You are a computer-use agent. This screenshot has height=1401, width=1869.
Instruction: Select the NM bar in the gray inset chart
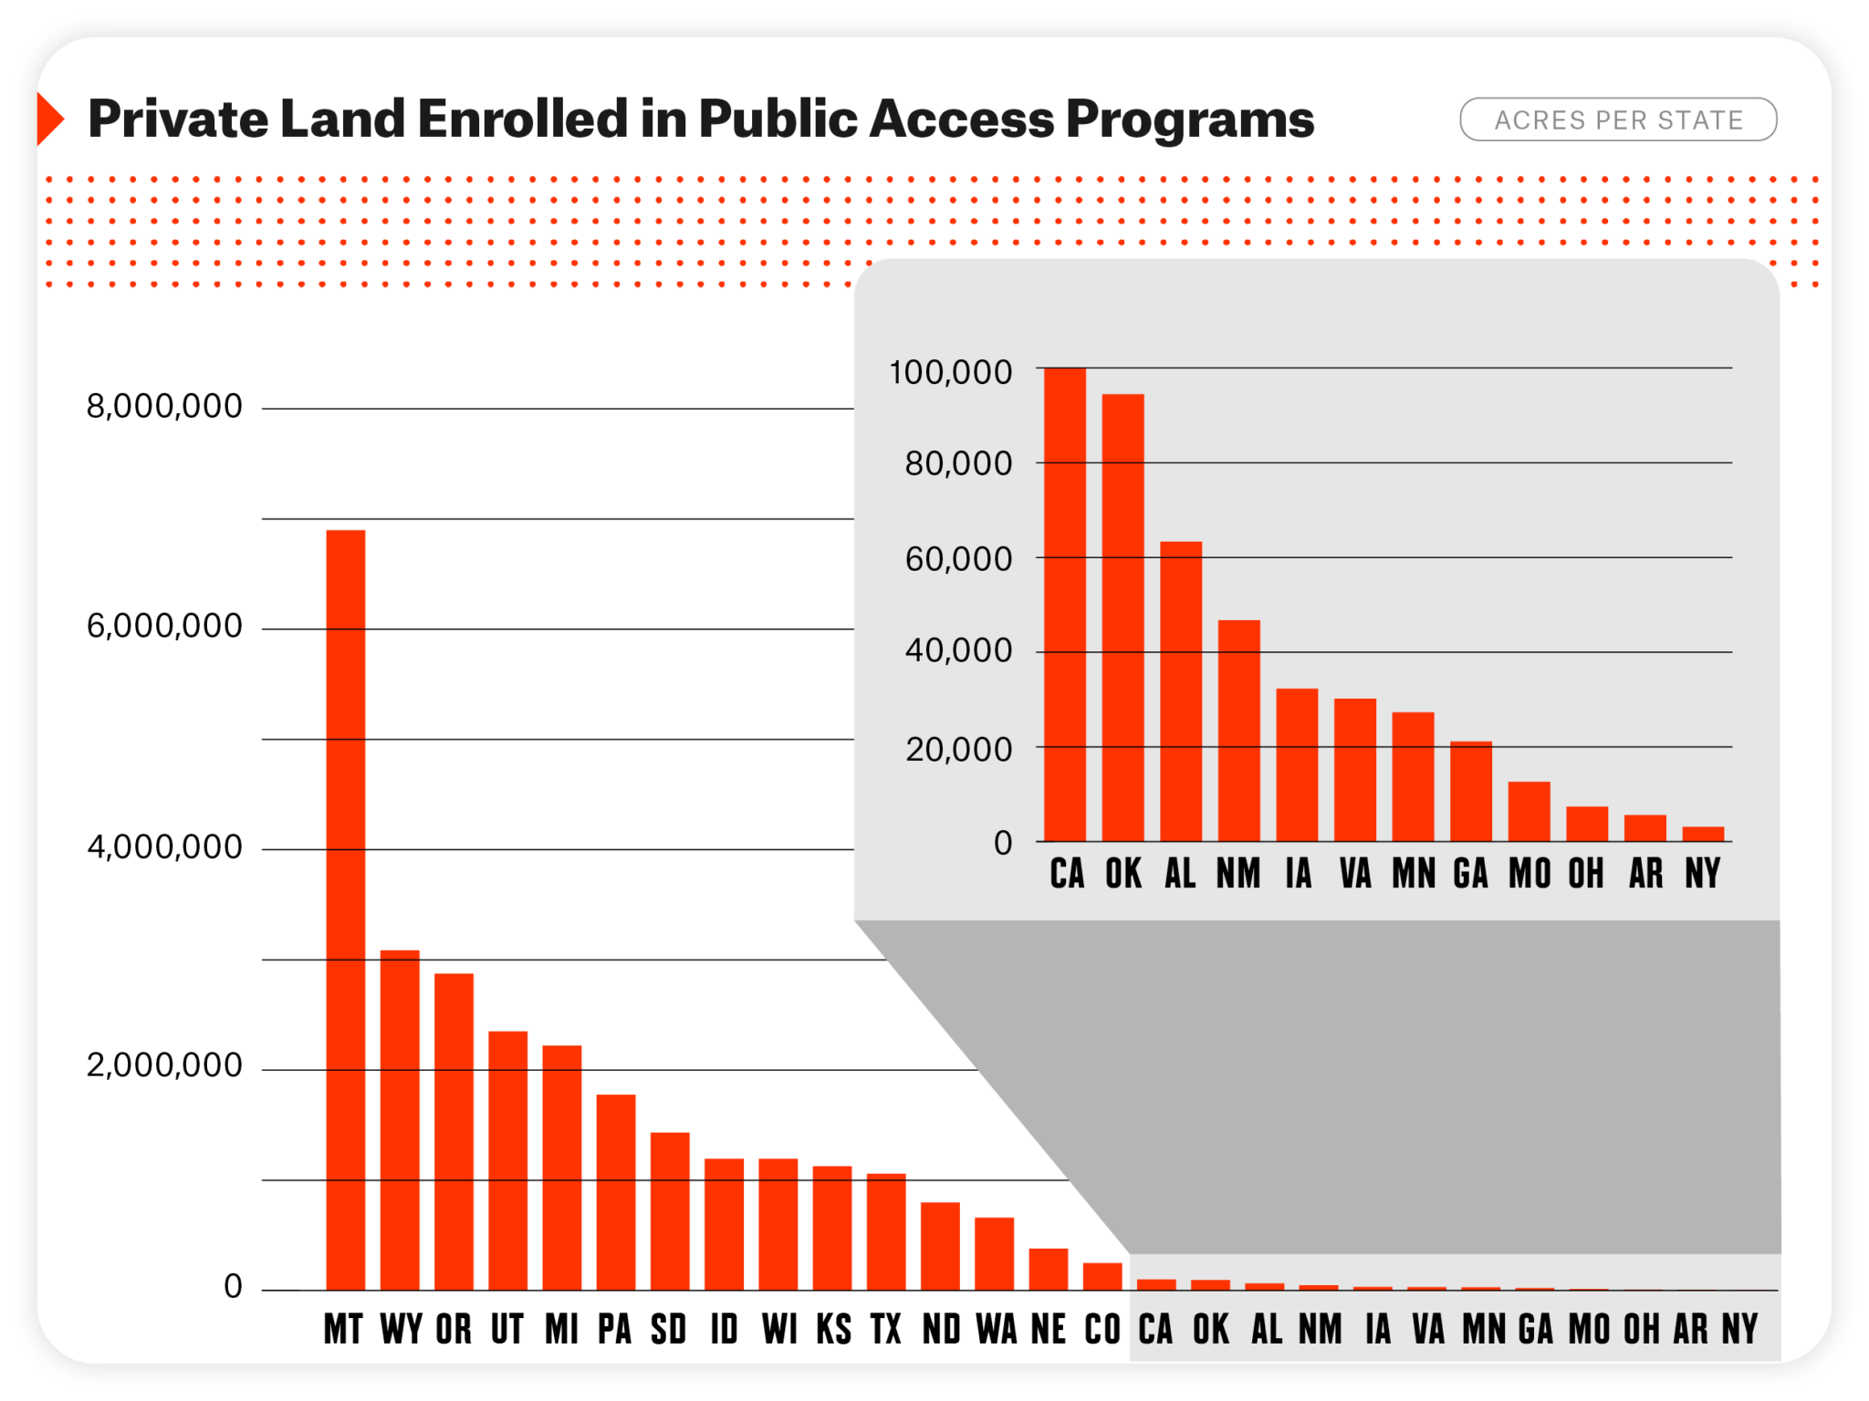pyautogui.click(x=1238, y=731)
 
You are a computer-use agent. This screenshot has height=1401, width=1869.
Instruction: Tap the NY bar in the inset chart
pyautogui.click(x=1703, y=834)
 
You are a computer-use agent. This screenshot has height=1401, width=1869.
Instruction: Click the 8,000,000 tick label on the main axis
pyautogui.click(x=164, y=406)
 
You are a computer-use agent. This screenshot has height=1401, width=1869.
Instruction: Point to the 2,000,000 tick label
pyautogui.click(x=164, y=1065)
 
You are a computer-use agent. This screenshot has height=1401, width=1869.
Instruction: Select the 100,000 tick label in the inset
pyautogui.click(x=950, y=372)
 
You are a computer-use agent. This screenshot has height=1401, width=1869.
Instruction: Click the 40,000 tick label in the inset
pyautogui.click(x=958, y=650)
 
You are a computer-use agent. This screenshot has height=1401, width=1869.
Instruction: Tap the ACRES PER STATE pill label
pyautogui.click(x=1618, y=119)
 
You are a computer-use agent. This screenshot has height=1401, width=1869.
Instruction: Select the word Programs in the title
pyautogui.click(x=1190, y=119)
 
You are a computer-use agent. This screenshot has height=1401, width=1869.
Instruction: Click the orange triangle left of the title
pyautogui.click(x=47, y=119)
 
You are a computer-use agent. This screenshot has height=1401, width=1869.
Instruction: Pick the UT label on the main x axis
pyautogui.click(x=507, y=1329)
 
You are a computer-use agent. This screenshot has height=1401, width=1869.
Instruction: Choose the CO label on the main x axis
pyautogui.click(x=1102, y=1329)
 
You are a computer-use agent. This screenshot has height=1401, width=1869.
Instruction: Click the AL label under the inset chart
pyautogui.click(x=1180, y=874)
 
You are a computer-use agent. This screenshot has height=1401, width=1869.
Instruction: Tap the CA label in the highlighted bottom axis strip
pyautogui.click(x=1155, y=1329)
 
